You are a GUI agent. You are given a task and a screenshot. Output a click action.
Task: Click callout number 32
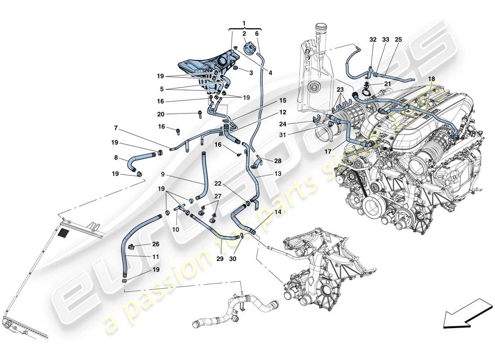click(373, 40)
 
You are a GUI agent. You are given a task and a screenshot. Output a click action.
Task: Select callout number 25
click(398, 40)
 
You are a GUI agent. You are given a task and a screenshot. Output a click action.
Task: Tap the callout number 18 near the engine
click(432, 78)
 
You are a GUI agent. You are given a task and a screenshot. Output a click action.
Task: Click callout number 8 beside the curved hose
click(116, 158)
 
